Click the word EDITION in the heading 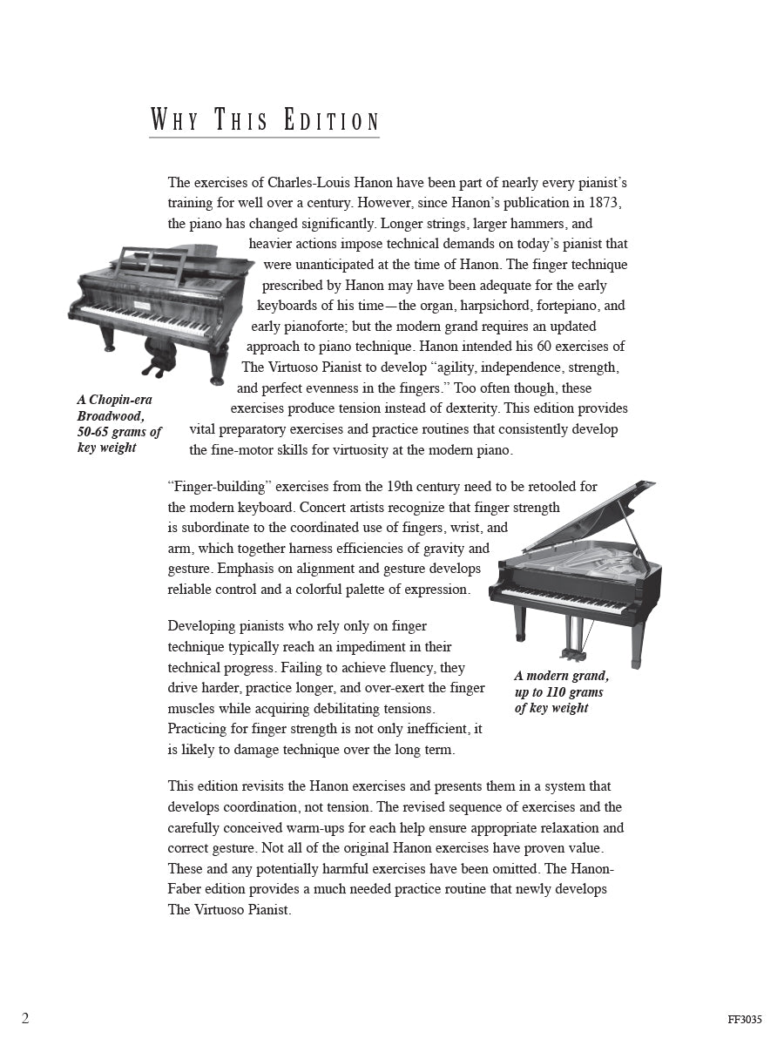(332, 121)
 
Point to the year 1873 (605, 203)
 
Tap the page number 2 (25, 1018)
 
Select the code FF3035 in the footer (746, 1020)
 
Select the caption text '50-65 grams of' (119, 432)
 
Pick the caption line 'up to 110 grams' (558, 692)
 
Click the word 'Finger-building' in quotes (215, 487)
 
